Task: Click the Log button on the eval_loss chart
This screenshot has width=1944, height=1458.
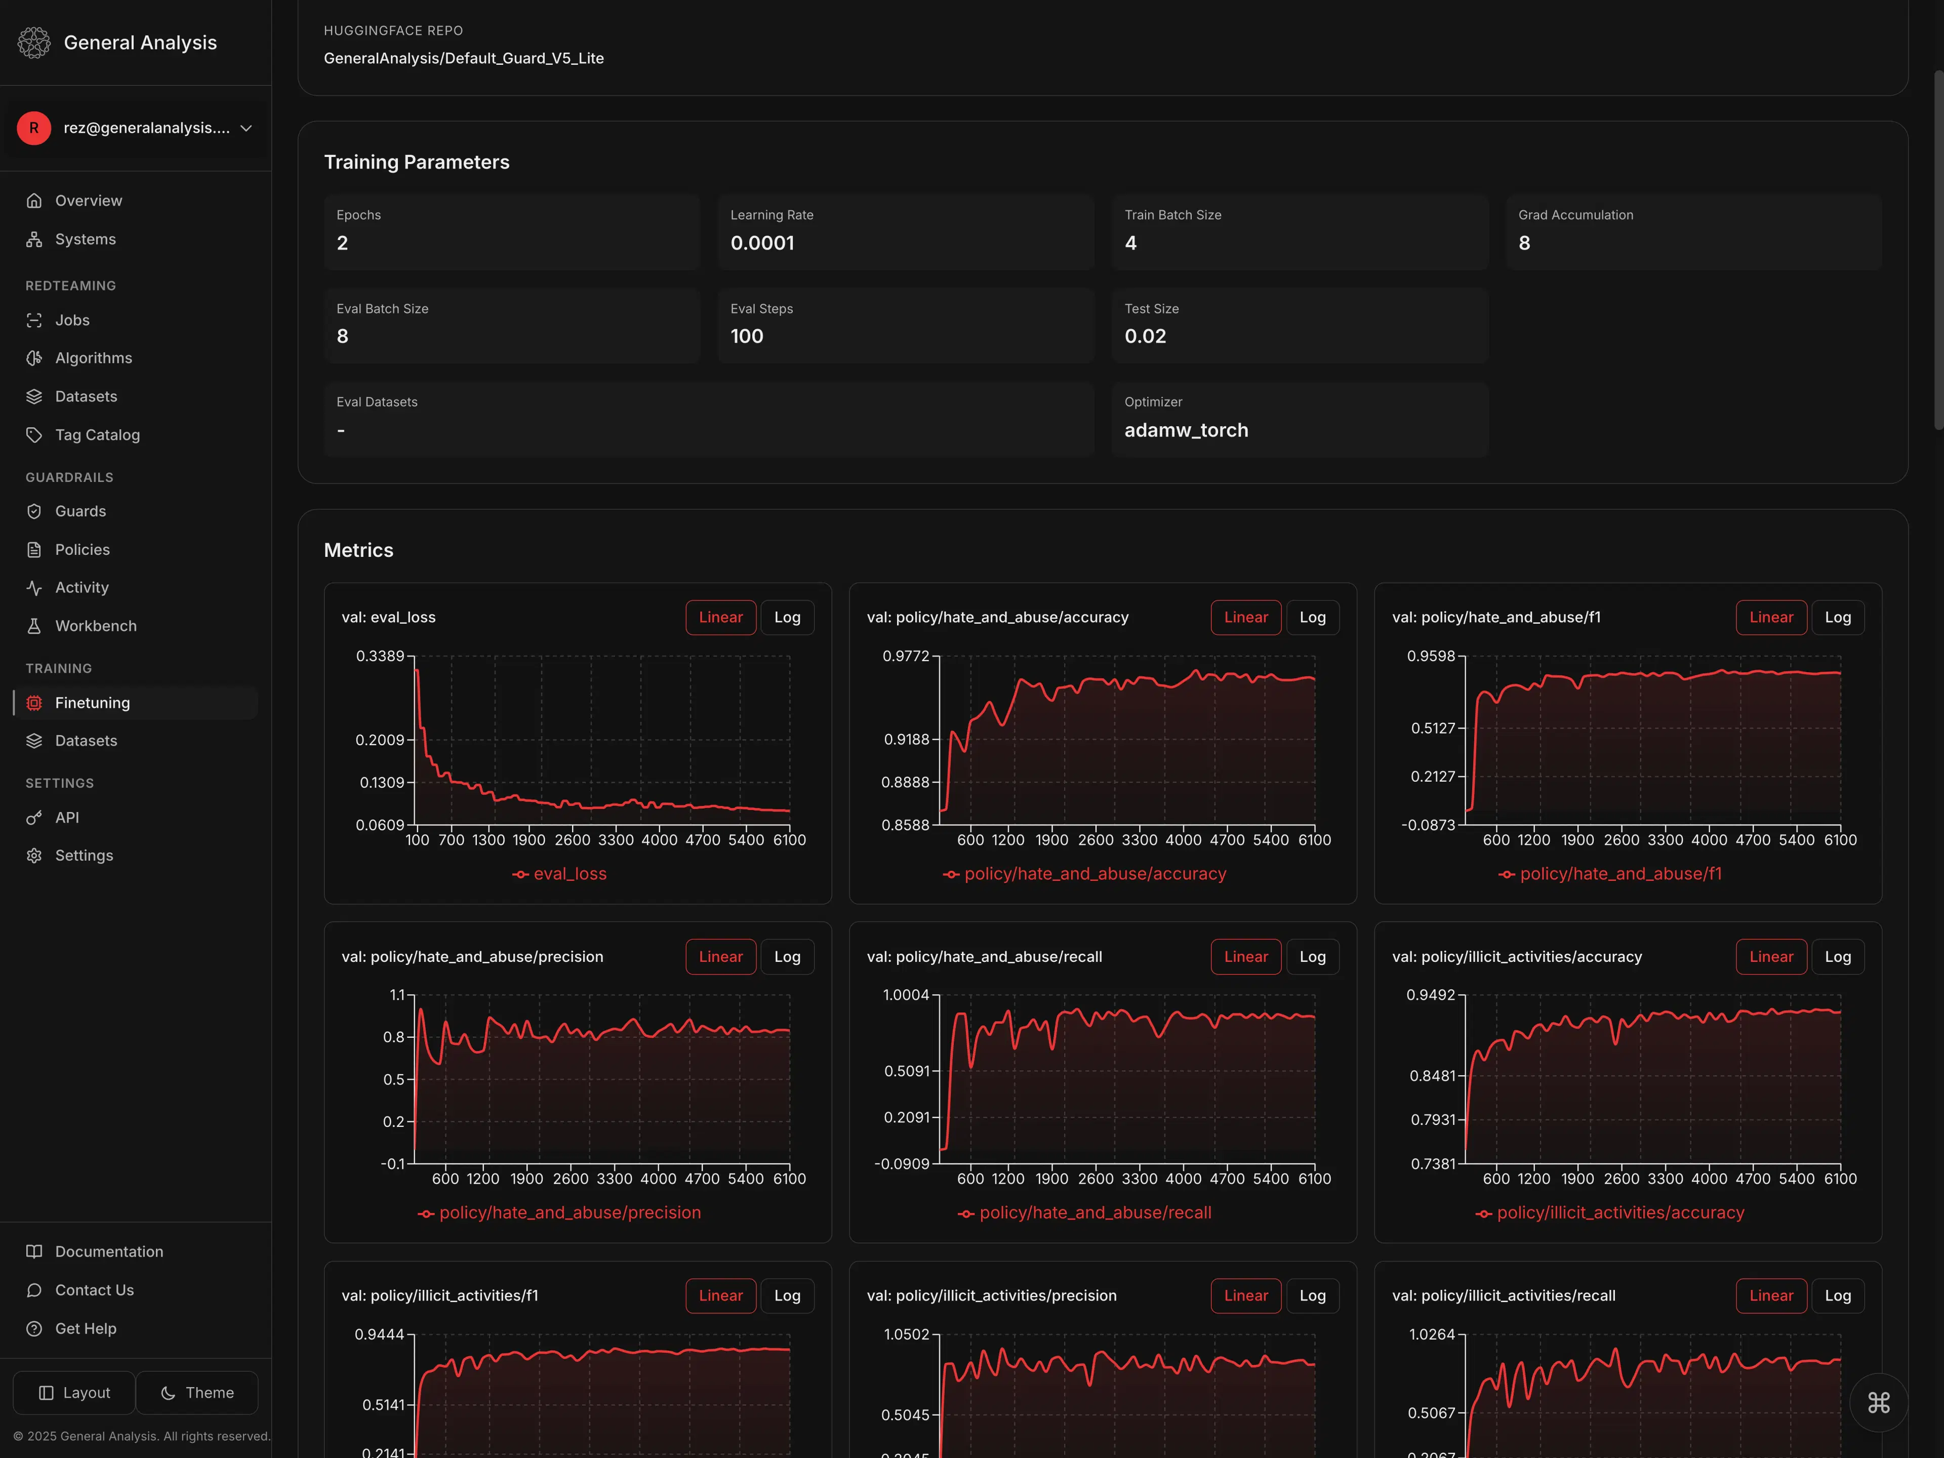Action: [787, 617]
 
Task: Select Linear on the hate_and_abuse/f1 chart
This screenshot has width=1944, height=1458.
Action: [1770, 617]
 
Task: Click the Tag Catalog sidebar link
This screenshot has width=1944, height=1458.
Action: [97, 435]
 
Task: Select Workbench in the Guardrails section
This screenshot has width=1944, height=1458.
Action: [96, 626]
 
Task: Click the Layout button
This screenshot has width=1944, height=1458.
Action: [75, 1393]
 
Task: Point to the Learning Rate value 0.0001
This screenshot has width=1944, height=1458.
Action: [762, 244]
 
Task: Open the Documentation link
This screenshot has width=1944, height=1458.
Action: [109, 1251]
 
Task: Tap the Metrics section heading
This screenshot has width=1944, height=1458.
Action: [358, 550]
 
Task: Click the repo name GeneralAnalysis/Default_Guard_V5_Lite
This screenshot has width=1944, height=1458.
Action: [463, 58]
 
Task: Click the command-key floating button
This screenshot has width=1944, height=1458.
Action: [1878, 1403]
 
